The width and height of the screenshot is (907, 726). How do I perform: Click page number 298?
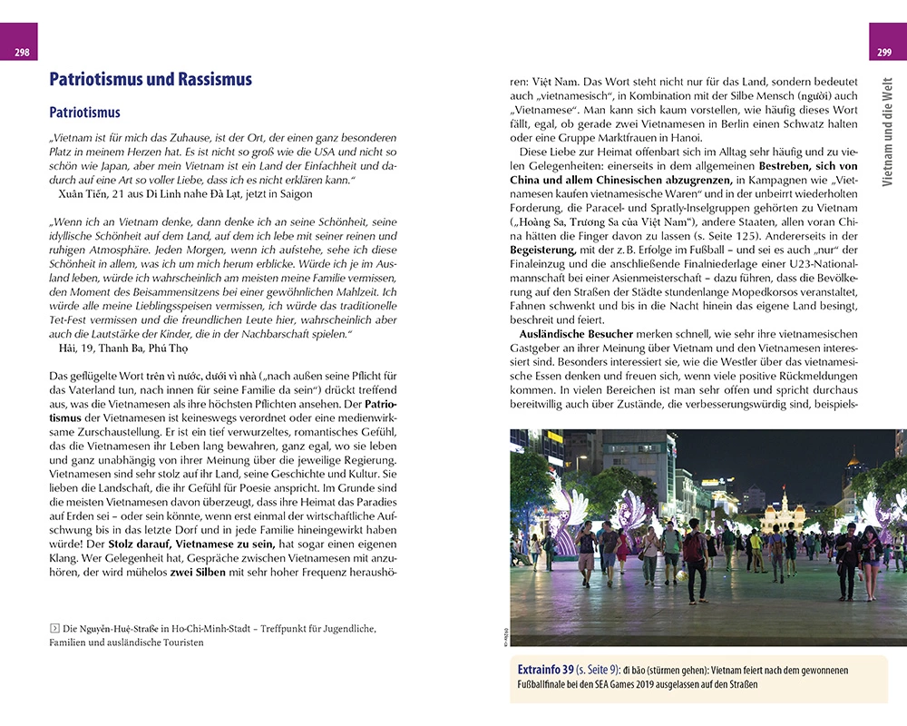(21, 52)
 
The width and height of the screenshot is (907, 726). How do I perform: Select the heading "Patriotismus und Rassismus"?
(150, 80)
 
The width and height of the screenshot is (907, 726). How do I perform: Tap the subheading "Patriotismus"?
(84, 113)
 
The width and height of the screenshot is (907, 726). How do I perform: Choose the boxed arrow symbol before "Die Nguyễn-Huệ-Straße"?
(54, 628)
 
